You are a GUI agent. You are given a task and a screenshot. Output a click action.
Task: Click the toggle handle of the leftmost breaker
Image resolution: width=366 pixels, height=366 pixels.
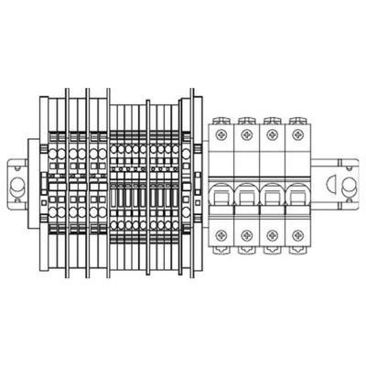pyautogui.click(x=222, y=194)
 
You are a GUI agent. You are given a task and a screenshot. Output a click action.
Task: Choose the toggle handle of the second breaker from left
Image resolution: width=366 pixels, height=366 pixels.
pyautogui.click(x=246, y=194)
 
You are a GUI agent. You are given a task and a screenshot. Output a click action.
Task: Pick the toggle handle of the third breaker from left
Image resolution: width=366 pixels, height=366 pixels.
pyautogui.click(x=271, y=194)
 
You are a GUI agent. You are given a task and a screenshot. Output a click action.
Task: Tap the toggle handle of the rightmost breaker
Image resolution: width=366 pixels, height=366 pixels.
pyautogui.click(x=296, y=194)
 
